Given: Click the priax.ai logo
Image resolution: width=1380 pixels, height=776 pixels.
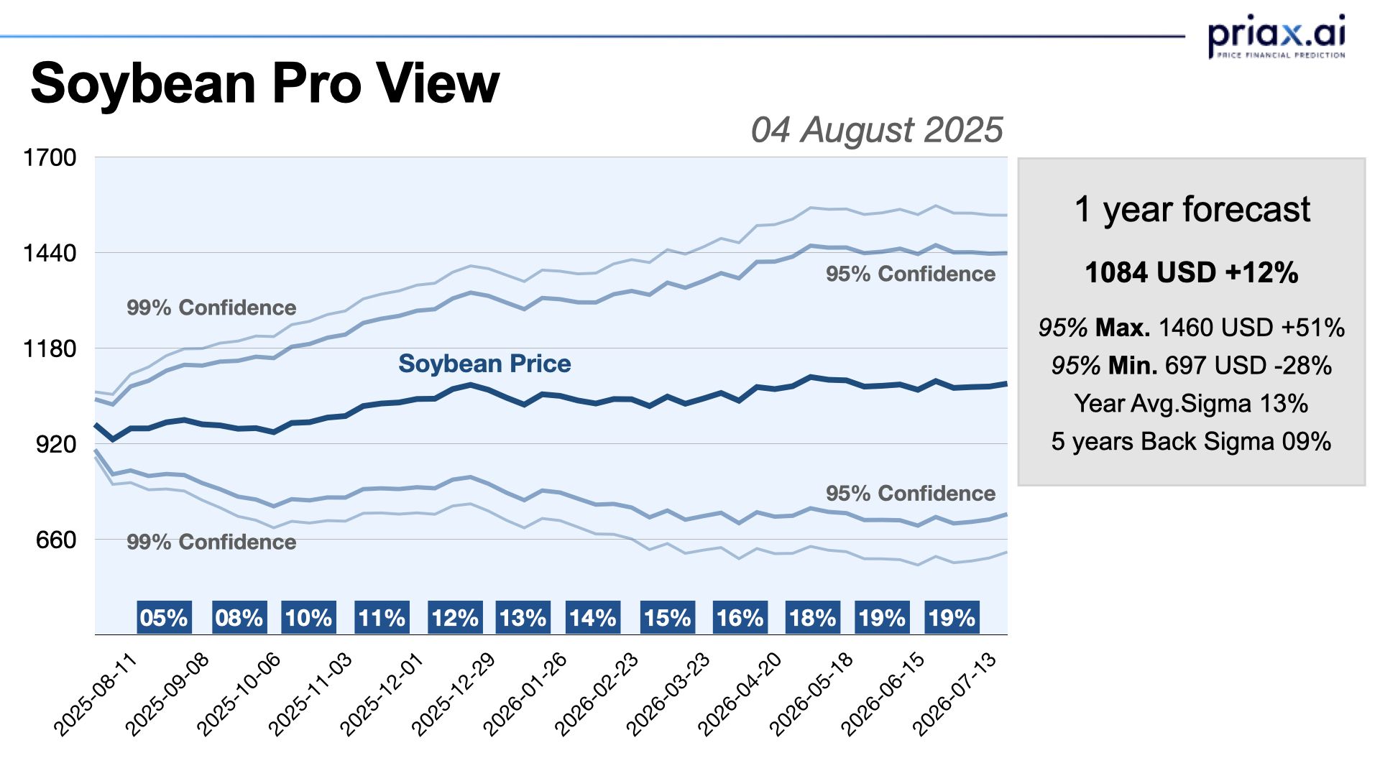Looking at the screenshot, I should coord(1276,36).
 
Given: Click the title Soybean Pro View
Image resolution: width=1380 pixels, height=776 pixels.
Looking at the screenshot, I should coord(264,83).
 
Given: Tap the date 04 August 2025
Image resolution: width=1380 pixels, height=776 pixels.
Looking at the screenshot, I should coord(876,130).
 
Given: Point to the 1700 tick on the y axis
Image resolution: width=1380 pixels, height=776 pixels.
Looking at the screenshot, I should coord(50,157).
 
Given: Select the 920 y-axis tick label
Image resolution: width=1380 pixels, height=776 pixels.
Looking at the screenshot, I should coord(56,444).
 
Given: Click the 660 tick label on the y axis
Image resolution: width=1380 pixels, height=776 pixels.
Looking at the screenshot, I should coord(56,540).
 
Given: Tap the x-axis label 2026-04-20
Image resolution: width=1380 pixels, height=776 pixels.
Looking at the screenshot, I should coord(740,693).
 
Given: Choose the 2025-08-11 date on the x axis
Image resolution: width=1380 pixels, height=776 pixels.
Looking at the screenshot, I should coord(96,693).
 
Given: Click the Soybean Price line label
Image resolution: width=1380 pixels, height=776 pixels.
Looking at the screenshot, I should coord(484,364).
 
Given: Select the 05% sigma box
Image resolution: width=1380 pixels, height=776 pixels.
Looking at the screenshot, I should coord(164,618).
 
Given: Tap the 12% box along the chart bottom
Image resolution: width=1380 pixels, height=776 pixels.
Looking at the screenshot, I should coord(455,618).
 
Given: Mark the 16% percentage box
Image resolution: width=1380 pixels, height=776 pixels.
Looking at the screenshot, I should coord(740,618).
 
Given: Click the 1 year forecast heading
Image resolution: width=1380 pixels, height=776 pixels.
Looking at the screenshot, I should coord(1192,210).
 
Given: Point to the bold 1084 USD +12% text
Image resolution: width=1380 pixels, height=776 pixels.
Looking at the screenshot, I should coord(1192,273).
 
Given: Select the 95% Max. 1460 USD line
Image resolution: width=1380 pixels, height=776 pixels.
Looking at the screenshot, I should coord(1192,328).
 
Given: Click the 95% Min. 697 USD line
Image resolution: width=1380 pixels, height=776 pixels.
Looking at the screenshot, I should coord(1192,366).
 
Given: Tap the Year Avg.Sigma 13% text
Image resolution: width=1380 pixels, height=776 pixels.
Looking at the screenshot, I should coord(1192,404).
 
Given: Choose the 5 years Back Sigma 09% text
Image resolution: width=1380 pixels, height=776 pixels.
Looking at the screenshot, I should coord(1192,441).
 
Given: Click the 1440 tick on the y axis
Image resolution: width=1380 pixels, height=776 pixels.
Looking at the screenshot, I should coord(50,253).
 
